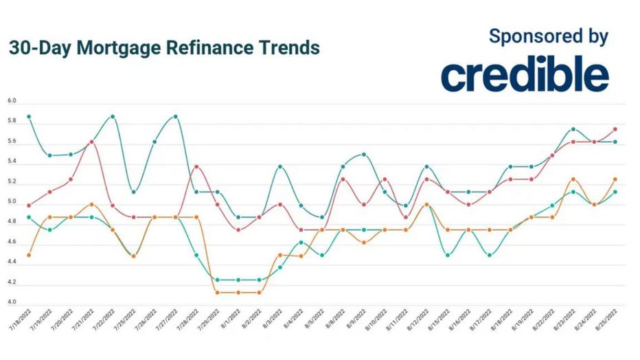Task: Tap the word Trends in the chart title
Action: pos(289,48)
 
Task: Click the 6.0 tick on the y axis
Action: pos(12,101)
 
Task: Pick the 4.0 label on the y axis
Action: pos(12,302)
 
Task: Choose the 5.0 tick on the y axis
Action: pos(12,202)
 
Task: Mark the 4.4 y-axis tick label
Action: pos(12,262)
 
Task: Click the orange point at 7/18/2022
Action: pos(29,255)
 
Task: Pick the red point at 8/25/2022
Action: pos(615,129)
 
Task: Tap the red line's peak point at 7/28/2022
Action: pos(196,166)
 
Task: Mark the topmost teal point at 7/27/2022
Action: pos(176,116)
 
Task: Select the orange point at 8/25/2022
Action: pos(615,179)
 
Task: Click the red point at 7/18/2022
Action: pos(29,205)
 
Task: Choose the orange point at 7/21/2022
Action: pos(92,204)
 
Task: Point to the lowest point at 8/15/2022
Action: pos(448,255)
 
